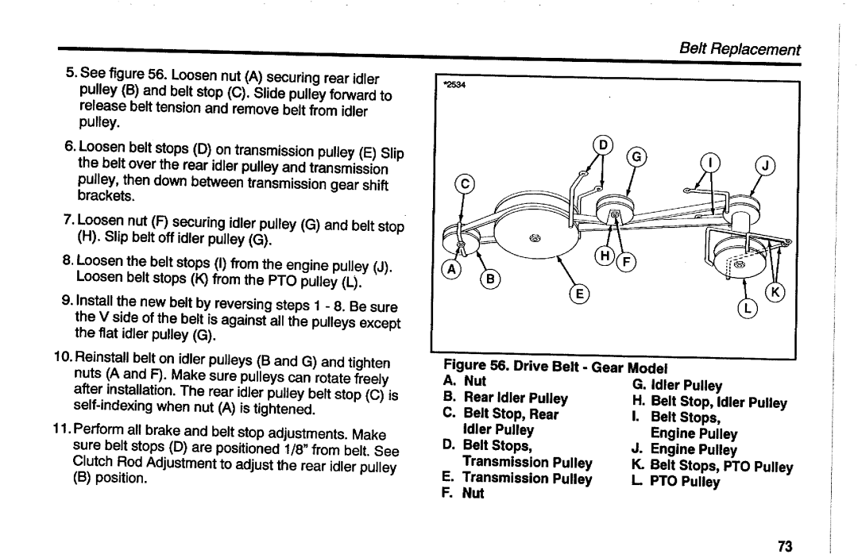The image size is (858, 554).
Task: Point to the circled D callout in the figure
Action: pos(601,144)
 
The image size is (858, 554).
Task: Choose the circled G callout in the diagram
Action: pos(636,156)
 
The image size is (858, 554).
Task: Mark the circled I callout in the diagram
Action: pos(713,164)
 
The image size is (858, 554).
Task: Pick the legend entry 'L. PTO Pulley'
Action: pos(685,481)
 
